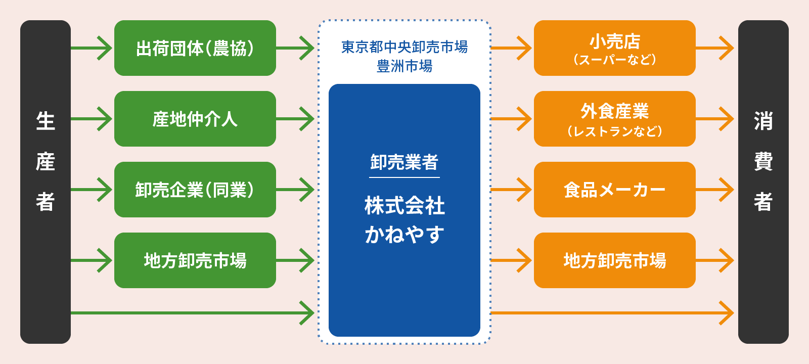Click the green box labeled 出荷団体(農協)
195,48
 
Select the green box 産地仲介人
195,119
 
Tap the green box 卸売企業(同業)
195,190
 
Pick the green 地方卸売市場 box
195,260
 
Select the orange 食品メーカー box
614,190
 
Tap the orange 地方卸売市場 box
614,260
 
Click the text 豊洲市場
404,66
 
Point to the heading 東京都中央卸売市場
404,47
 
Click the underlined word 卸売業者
404,162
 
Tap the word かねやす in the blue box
404,235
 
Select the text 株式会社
404,206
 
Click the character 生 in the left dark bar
46,121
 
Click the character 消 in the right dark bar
763,121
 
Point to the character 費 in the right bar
763,162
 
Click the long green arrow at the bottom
192,313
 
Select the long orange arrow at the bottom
612,313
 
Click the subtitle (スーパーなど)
614,60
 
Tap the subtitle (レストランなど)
614,131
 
